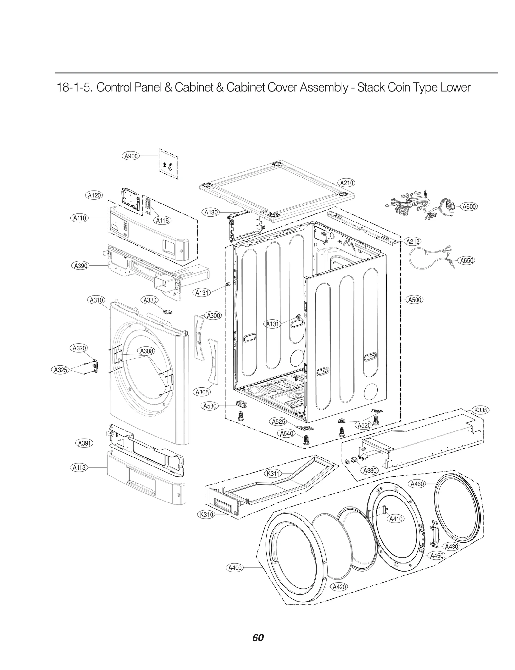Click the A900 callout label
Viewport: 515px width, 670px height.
coord(131,156)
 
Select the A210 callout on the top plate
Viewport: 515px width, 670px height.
coord(347,183)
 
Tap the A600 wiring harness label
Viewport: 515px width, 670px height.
coord(469,207)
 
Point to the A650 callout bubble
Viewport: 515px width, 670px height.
coord(466,260)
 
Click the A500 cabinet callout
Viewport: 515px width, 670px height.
coord(415,300)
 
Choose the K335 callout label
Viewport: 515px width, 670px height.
coord(481,410)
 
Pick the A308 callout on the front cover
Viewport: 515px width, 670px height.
coord(146,351)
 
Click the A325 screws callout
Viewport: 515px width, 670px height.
coord(60,370)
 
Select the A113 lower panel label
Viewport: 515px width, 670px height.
coord(79,467)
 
